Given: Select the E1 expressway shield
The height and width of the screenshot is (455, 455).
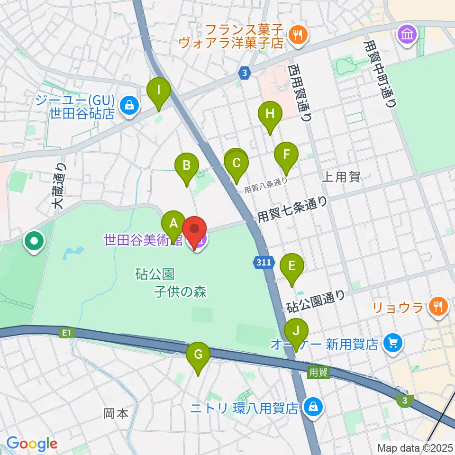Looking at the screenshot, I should [x=66, y=333].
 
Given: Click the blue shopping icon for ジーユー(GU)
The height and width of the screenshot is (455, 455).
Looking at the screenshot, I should [x=129, y=105].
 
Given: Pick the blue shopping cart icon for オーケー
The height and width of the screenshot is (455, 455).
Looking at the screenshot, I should [x=393, y=343].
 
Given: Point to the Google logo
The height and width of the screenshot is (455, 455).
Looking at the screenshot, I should [x=32, y=444].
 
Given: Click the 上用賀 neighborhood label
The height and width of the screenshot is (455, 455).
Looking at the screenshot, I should [x=341, y=178].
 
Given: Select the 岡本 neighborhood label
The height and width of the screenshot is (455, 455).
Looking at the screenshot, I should [x=116, y=413].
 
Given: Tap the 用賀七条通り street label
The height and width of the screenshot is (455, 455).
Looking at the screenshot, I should [x=292, y=209].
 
